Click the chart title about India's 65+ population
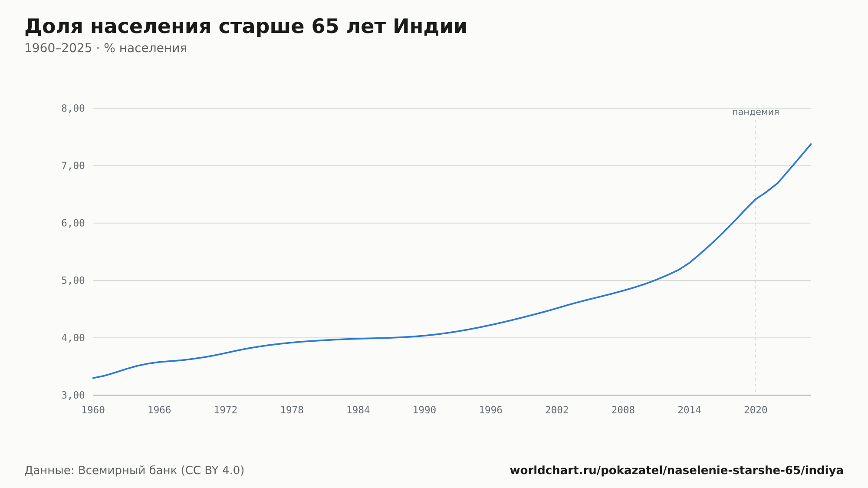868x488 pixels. pos(246,27)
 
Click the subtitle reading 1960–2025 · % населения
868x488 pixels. pos(105,48)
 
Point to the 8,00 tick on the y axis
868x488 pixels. pos(73,109)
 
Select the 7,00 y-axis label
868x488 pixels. pos(73,166)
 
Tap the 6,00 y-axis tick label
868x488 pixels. pos(73,223)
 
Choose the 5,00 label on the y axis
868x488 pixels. pos(73,280)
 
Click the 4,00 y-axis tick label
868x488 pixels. pos(73,338)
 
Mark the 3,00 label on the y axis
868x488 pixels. pos(73,395)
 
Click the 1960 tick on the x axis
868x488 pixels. pos(93,410)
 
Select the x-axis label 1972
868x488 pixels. pos(226,410)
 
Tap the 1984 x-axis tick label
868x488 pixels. pos(358,410)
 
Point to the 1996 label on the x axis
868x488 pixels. pos(491,410)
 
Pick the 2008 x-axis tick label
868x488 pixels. pos(623,410)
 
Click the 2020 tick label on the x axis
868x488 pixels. pos(756,410)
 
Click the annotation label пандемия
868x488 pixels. pos(756,112)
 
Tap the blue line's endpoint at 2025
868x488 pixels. pos(811,144)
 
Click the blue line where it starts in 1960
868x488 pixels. pos(93,378)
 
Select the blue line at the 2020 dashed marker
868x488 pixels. pos(756,199)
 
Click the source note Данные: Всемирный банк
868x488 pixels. pos(135,471)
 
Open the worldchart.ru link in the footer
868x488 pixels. pos(677,471)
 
